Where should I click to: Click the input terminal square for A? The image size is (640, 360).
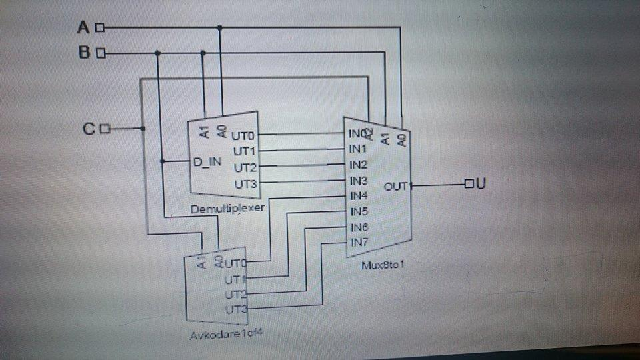[x=100, y=27]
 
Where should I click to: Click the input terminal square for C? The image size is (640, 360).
[x=103, y=129]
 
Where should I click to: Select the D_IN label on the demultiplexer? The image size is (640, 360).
[x=206, y=162]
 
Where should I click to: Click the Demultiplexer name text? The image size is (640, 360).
[x=227, y=208]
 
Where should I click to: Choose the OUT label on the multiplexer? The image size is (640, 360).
[x=395, y=187]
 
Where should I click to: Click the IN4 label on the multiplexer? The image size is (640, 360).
[x=359, y=195]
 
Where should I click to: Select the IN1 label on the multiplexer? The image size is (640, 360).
[x=358, y=148]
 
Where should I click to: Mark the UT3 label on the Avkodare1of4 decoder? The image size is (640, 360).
[x=236, y=309]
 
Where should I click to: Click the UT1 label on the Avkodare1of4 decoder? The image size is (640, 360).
[x=236, y=279]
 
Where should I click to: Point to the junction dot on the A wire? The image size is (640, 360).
[x=221, y=27]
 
